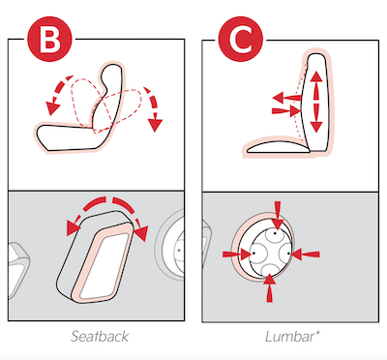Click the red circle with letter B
50,39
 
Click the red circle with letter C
241,39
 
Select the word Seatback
100,336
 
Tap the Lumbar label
292,337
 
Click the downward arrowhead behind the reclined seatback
156,124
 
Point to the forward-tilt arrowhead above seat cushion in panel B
51,107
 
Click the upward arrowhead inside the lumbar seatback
316,78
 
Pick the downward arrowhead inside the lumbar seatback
316,126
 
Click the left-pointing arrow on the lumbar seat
287,97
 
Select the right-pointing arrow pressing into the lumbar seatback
286,111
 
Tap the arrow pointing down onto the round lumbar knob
278,215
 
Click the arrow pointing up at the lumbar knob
270,288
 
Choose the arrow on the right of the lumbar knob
306,255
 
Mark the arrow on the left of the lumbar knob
237,255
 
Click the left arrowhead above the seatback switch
74,228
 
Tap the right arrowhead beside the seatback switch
141,233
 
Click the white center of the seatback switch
103,266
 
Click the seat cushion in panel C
278,147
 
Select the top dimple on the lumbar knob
275,233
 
